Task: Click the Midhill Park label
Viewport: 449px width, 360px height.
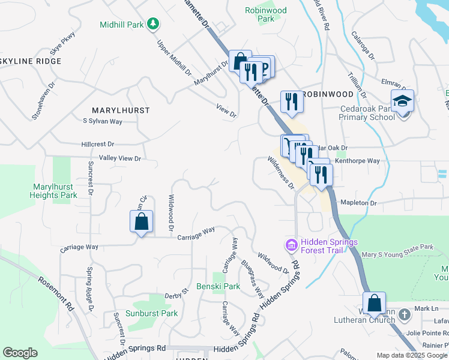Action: pyautogui.click(x=122, y=25)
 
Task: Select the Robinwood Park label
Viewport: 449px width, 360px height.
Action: pyautogui.click(x=266, y=14)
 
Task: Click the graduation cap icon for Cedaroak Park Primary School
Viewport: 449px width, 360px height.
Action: pyautogui.click(x=402, y=101)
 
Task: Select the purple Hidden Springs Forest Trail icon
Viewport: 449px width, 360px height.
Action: pyautogui.click(x=291, y=245)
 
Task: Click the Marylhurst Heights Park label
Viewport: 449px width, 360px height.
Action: pyautogui.click(x=54, y=191)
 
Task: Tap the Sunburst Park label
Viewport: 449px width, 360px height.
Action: pyautogui.click(x=151, y=313)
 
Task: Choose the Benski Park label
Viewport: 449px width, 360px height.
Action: pyautogui.click(x=218, y=286)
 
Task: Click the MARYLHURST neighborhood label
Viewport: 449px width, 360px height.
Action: pyautogui.click(x=121, y=110)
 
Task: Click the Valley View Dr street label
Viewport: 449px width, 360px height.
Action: pyautogui.click(x=120, y=158)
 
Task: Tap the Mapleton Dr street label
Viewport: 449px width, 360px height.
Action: pyautogui.click(x=358, y=203)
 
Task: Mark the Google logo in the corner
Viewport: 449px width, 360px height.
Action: pyautogui.click(x=20, y=353)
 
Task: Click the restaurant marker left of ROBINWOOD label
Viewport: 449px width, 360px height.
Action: pyautogui.click(x=292, y=101)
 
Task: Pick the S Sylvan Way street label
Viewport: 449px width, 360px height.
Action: pyautogui.click(x=103, y=121)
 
